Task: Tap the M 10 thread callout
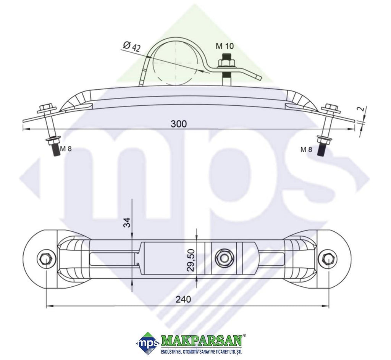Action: (x=225, y=46)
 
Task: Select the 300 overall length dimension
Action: (x=179, y=124)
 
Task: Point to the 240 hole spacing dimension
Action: (x=183, y=299)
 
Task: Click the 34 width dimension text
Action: (x=127, y=223)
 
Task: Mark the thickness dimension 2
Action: (x=362, y=109)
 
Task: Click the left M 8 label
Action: (x=66, y=149)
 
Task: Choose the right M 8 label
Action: (x=306, y=150)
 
